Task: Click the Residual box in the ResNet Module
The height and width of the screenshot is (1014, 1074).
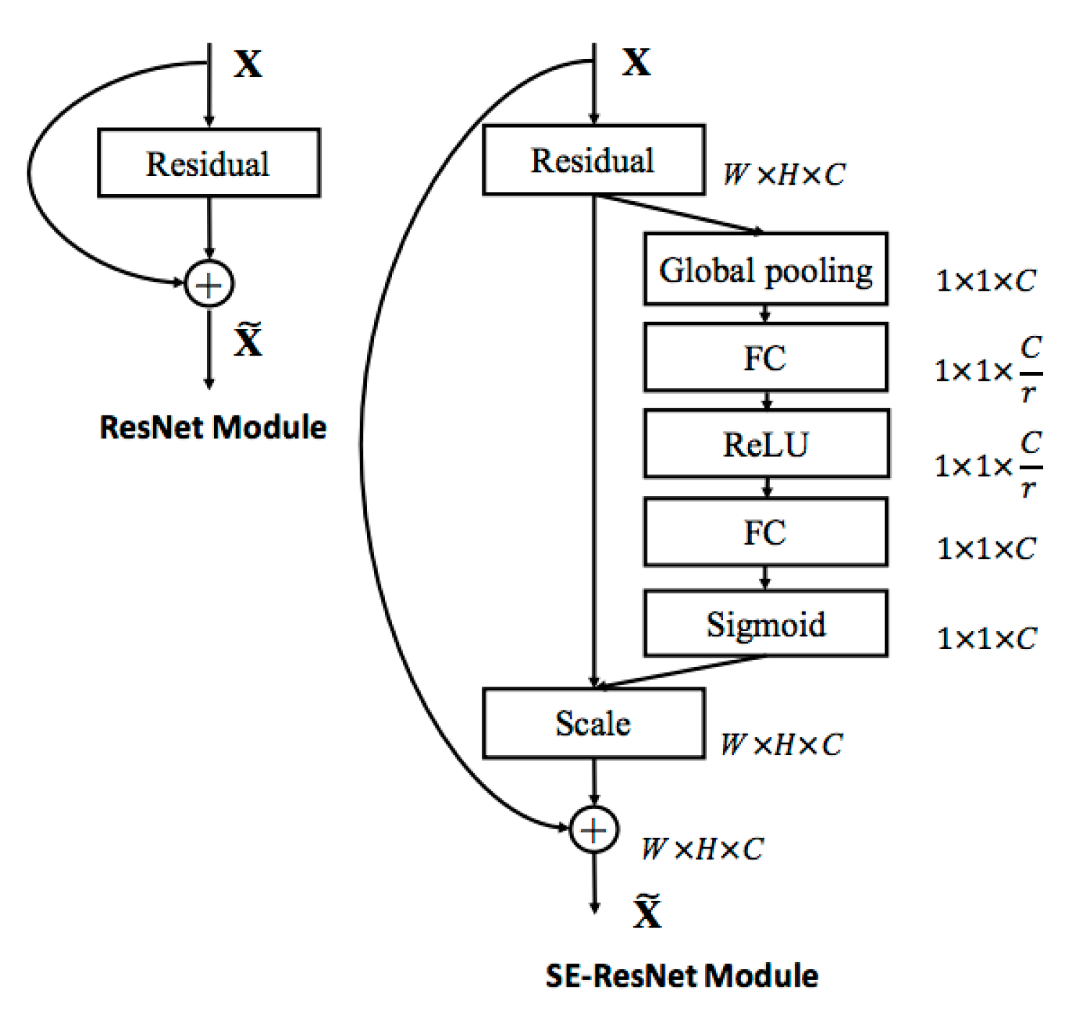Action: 209,163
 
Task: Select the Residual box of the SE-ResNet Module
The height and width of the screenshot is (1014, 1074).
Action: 593,160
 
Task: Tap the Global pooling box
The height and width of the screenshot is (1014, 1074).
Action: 765,269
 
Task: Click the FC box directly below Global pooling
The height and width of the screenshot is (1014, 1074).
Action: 765,358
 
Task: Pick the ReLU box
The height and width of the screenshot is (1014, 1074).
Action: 766,444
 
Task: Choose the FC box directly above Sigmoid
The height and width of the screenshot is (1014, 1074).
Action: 765,532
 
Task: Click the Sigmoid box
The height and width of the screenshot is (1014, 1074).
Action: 765,624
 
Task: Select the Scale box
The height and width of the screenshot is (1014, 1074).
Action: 593,723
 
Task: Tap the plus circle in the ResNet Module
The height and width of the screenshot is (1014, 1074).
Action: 209,285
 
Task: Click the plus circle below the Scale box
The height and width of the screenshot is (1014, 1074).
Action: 594,830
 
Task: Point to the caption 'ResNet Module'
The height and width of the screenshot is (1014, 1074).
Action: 213,427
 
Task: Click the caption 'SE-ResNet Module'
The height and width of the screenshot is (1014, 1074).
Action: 682,976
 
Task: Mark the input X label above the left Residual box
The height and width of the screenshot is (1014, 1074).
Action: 248,63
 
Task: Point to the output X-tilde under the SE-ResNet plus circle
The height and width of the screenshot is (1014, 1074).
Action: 647,912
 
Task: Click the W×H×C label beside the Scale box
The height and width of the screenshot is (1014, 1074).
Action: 781,744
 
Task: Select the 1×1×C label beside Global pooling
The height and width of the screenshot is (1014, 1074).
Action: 985,281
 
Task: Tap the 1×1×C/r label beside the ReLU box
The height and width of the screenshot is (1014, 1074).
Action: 988,465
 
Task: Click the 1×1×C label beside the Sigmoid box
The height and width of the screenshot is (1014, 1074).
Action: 986,638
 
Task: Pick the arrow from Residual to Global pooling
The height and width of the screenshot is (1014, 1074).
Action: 681,214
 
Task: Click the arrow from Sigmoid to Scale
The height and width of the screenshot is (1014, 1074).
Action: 681,671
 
